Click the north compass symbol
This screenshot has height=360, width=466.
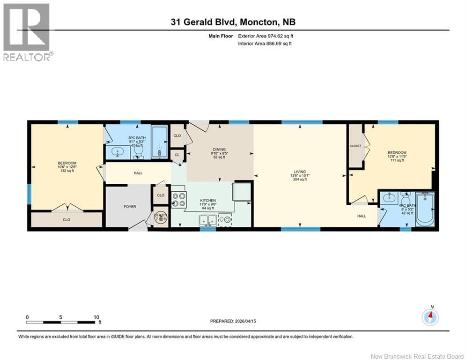(429, 317)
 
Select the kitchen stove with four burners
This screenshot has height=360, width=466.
(179, 200)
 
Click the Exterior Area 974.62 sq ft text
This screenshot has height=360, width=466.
(266, 36)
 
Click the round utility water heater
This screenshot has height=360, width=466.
(161, 217)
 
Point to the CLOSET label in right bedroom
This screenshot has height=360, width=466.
(355, 146)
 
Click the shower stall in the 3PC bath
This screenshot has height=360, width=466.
(160, 142)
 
